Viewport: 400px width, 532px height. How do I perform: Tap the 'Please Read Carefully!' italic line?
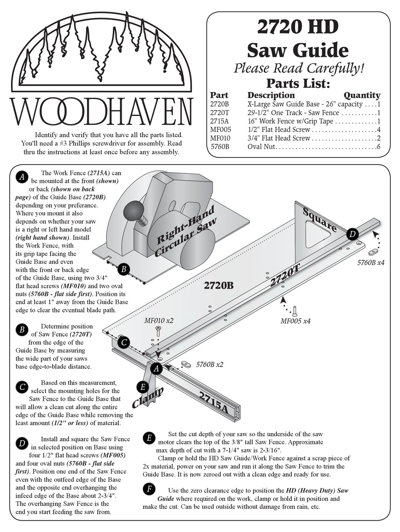(x=299, y=68)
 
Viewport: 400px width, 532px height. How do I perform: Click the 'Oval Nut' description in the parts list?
(x=261, y=147)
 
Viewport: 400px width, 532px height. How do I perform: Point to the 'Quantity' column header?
(x=362, y=95)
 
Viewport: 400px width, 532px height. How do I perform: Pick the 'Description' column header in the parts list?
(x=271, y=95)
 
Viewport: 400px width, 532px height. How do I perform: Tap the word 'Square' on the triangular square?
(x=320, y=221)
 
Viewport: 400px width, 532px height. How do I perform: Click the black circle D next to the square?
(x=352, y=234)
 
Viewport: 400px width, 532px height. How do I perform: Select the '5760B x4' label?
(x=371, y=263)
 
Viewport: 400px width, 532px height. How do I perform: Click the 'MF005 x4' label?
(x=295, y=321)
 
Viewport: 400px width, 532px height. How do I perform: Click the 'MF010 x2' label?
(x=159, y=321)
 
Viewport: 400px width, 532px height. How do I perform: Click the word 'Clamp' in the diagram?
(x=148, y=398)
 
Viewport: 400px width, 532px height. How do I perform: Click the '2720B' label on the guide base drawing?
(x=219, y=286)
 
